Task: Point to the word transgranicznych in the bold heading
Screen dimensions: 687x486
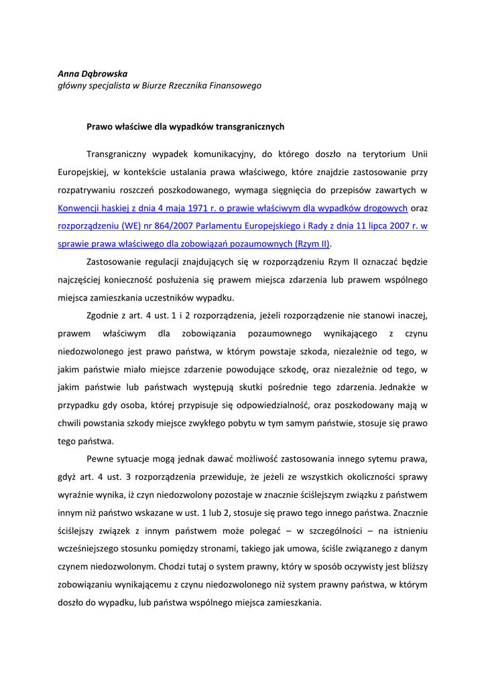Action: pos(250,125)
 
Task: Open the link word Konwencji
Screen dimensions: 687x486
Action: pos(80,208)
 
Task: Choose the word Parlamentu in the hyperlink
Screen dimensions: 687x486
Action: pos(229,226)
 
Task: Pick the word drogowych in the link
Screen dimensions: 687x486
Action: pos(382,208)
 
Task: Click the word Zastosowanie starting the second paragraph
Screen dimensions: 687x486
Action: pos(116,262)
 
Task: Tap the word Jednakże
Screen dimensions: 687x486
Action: pos(395,387)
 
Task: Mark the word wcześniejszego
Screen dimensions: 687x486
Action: pos(90,531)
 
